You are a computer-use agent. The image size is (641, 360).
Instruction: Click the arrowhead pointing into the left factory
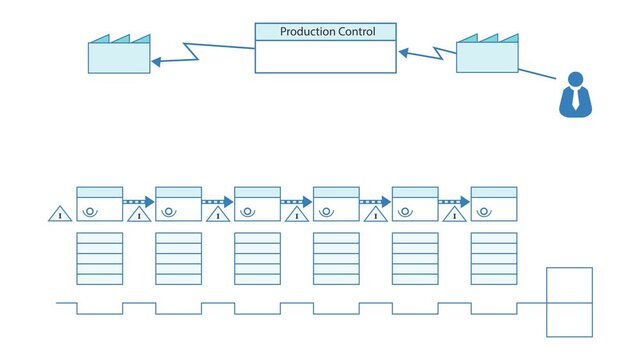156,62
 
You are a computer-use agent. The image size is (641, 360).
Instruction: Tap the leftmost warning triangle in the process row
60,212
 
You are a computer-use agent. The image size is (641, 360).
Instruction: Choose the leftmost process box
100,203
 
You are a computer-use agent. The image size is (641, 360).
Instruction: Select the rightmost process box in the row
494,203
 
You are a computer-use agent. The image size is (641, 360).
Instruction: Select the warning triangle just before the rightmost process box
453,213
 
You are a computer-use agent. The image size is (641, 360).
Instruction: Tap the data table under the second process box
179,258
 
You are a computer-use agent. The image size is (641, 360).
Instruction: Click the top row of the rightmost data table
494,238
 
